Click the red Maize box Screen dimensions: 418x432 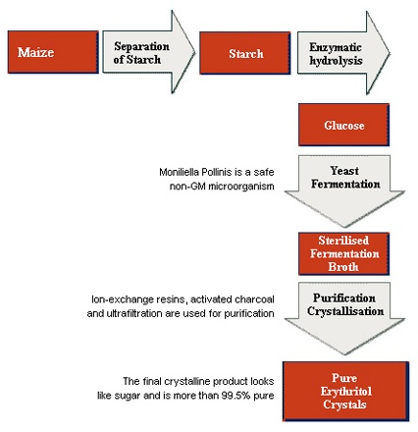click(53, 52)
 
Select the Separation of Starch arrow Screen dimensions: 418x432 click(149, 52)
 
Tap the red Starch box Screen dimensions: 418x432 click(245, 53)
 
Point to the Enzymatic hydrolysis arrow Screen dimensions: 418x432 click(343, 53)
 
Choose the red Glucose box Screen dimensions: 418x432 click(343, 125)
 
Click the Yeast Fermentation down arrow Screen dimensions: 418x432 click(344, 191)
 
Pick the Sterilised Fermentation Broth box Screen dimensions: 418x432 click(343, 253)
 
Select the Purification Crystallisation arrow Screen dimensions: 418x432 click(344, 318)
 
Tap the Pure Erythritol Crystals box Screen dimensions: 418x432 click(345, 391)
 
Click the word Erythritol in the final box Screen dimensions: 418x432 click(346, 391)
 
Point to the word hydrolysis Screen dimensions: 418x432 click(336, 61)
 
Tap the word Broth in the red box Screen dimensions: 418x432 click(343, 267)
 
